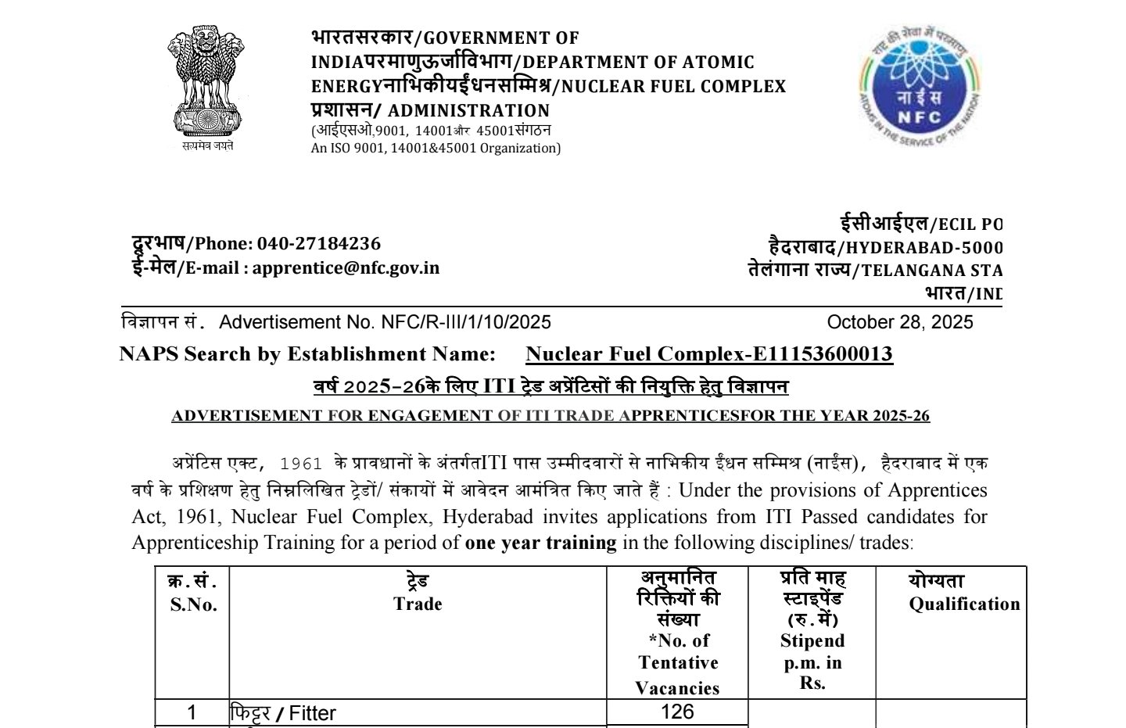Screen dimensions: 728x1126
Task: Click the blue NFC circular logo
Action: pyautogui.click(x=918, y=86)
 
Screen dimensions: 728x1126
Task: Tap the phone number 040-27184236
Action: pyautogui.click(x=319, y=243)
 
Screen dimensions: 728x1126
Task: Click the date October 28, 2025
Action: pyautogui.click(x=899, y=322)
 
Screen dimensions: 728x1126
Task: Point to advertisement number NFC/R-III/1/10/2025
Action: pyautogui.click(x=466, y=322)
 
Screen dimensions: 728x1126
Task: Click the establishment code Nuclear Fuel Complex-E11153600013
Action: pyautogui.click(x=708, y=354)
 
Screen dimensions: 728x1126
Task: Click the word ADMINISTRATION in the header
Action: pyautogui.click(x=468, y=111)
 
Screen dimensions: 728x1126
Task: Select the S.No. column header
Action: pyautogui.click(x=193, y=604)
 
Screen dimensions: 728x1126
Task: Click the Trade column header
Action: pyautogui.click(x=418, y=604)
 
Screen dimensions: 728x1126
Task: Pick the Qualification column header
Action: pyautogui.click(x=963, y=604)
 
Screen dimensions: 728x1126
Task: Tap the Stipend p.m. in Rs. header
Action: pyautogui.click(x=812, y=661)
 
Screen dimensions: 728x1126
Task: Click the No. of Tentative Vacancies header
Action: pyautogui.click(x=677, y=664)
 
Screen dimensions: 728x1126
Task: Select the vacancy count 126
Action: pyautogui.click(x=677, y=711)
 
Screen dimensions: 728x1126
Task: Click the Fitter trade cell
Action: pyautogui.click(x=312, y=713)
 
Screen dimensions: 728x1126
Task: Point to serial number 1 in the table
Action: pyautogui.click(x=192, y=712)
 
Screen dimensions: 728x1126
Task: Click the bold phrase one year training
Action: pyautogui.click(x=540, y=543)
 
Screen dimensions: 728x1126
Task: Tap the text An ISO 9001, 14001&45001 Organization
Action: pyautogui.click(x=436, y=148)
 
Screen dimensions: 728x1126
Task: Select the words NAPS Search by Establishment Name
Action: pyautogui.click(x=307, y=354)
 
